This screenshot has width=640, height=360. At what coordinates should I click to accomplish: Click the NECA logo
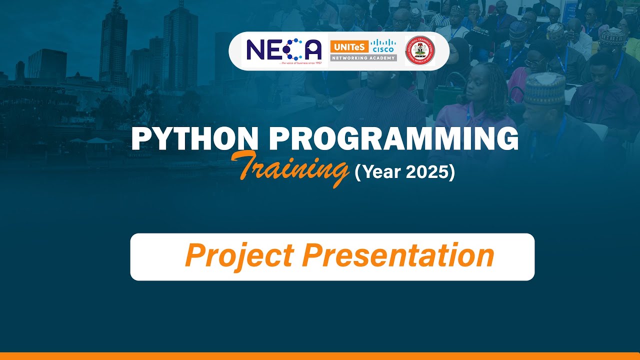pyautogui.click(x=284, y=50)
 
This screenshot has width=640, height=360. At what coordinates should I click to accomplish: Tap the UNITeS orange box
pyautogui.click(x=349, y=47)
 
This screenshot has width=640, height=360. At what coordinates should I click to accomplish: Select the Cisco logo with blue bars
pyautogui.click(x=383, y=46)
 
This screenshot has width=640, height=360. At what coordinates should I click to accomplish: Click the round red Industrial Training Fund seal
pyautogui.click(x=420, y=50)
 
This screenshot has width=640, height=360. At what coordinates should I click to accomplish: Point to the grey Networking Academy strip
pyautogui.click(x=363, y=58)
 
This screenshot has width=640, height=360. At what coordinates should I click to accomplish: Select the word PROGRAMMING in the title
pyautogui.click(x=390, y=139)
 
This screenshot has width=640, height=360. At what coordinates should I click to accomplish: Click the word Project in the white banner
pyautogui.click(x=239, y=255)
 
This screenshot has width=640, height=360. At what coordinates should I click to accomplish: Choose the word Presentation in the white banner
pyautogui.click(x=398, y=255)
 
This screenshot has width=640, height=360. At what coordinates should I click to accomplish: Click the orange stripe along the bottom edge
pyautogui.click(x=320, y=356)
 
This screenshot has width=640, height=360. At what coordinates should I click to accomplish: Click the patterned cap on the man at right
pyautogui.click(x=544, y=88)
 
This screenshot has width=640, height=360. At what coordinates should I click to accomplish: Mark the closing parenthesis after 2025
pyautogui.click(x=451, y=172)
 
